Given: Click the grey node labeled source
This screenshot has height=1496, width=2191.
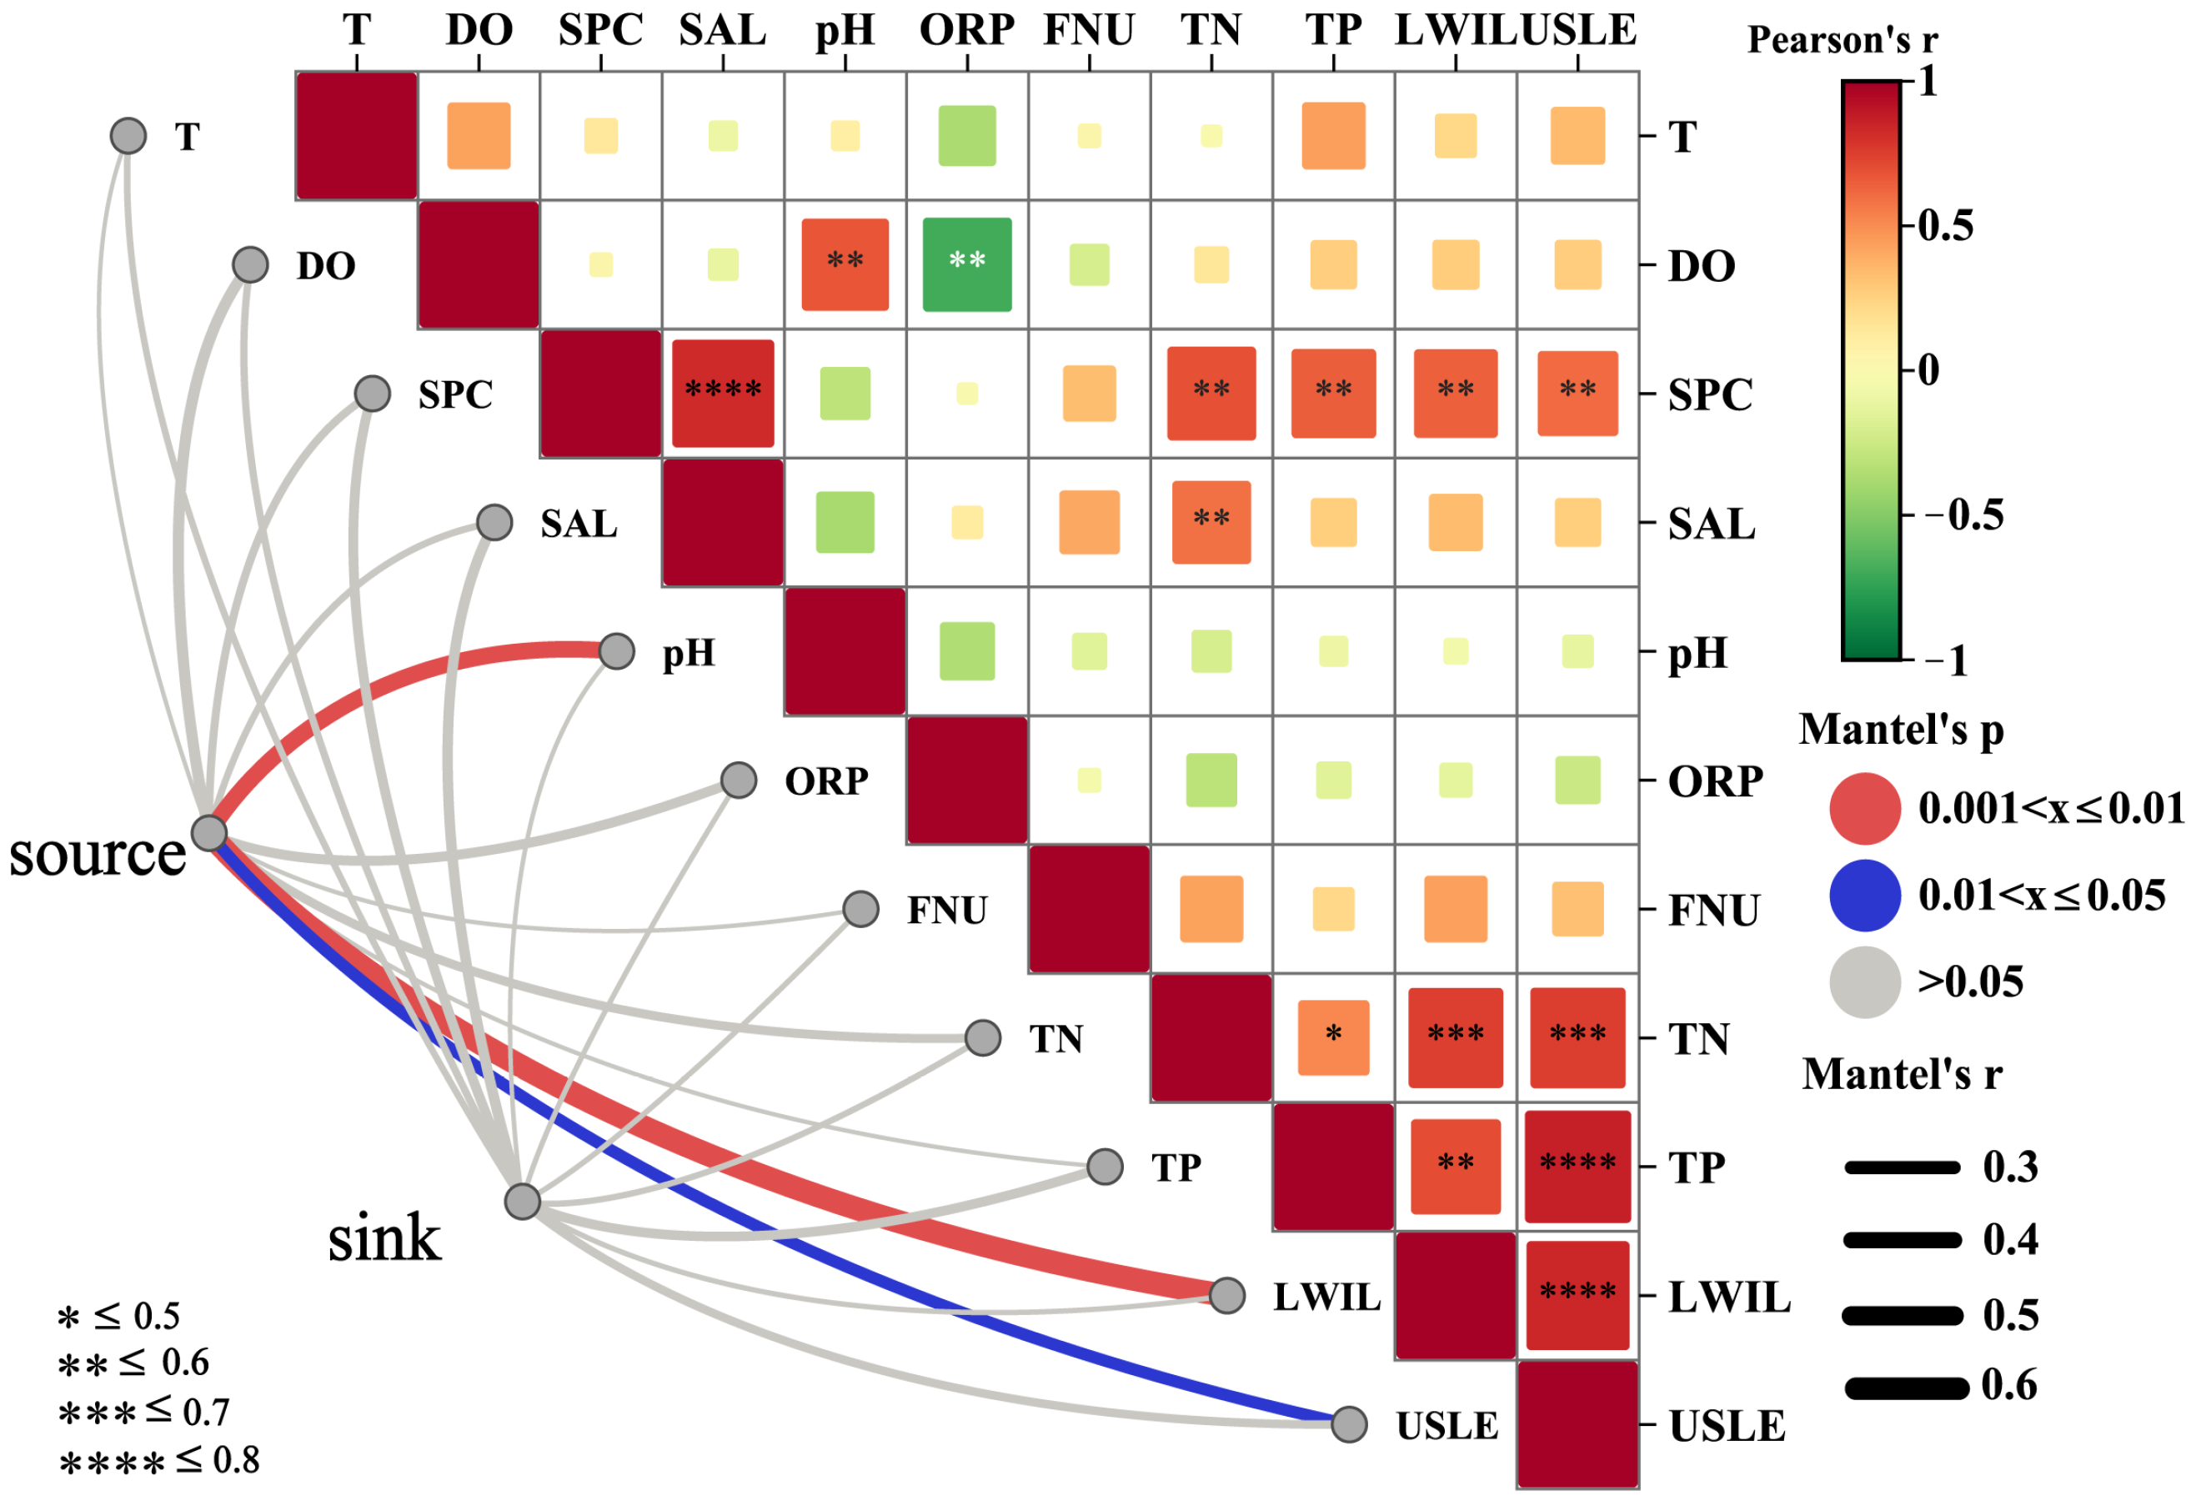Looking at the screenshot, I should point(208,833).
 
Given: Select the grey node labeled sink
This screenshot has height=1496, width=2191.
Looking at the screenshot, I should point(522,1201).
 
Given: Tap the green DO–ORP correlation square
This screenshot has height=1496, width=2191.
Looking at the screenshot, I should point(966,264).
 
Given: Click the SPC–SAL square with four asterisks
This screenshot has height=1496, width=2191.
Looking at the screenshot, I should point(722,393).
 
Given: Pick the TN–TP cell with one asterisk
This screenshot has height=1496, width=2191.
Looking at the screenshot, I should point(1333,1037).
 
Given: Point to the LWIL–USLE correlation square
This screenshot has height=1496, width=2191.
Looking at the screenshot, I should point(1577,1294).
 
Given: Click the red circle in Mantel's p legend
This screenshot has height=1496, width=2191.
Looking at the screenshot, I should point(1864,808).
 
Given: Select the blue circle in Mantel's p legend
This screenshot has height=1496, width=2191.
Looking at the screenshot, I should point(1864,895).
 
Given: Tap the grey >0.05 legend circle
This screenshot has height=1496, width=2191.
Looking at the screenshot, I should point(1864,982).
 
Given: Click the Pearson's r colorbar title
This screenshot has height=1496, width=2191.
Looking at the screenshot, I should point(1843,40).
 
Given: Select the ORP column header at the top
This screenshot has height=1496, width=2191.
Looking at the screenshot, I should point(966,30).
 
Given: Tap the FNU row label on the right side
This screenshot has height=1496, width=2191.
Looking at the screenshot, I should point(1713,911).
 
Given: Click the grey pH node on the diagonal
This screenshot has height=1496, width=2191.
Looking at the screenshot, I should point(617,650).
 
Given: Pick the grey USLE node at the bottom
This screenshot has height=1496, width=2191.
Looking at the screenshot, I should point(1349,1423).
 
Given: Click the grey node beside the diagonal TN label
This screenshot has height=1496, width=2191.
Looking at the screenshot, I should point(982,1037).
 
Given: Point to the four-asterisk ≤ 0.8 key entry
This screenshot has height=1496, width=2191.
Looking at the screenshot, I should point(158,1461).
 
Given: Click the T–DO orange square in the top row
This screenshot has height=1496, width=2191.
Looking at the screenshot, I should point(478,136).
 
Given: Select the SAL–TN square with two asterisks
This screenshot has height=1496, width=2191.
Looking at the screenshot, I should point(1211,522).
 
